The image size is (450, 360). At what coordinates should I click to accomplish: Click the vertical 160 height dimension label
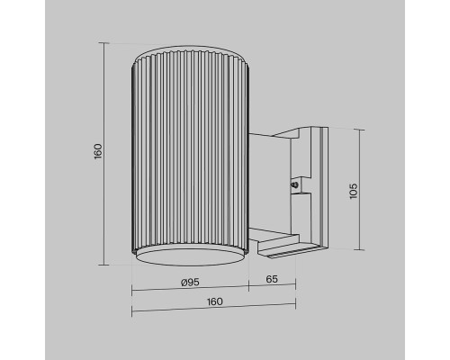coord(99,151)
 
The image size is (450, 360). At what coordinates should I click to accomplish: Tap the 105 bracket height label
coord(354,190)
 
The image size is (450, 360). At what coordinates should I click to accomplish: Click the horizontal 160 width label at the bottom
coord(214,302)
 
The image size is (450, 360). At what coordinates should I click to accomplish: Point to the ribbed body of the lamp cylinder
coord(190,153)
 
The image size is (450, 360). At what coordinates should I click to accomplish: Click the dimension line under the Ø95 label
coord(190,291)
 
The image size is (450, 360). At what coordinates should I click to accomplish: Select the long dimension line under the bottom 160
coord(214,312)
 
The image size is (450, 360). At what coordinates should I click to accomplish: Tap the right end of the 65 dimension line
coord(296,291)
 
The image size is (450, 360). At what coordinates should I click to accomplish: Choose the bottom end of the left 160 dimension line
coord(106,265)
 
